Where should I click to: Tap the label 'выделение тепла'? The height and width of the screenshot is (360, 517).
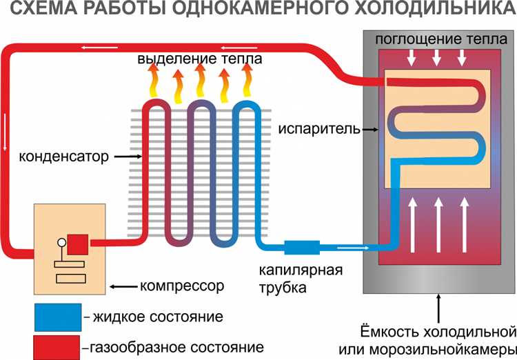(200, 59)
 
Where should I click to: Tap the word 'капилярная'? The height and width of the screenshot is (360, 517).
(301, 268)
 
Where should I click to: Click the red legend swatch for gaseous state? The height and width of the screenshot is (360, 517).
(56, 344)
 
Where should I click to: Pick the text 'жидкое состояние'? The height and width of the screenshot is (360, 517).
(157, 317)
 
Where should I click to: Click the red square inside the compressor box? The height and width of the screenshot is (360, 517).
(78, 244)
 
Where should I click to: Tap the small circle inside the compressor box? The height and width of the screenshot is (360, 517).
(61, 242)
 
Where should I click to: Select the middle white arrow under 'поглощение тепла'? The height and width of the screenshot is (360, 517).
(436, 58)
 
